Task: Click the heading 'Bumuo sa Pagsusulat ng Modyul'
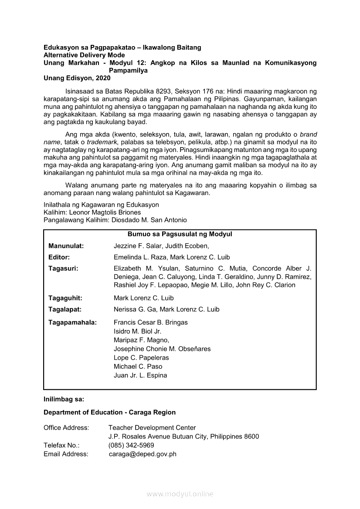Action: pyautogui.click(x=180, y=234)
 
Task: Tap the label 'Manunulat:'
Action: pyautogui.click(x=66, y=246)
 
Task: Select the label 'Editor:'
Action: pyautogui.click(x=59, y=257)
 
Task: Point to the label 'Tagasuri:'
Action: pyautogui.click(x=64, y=269)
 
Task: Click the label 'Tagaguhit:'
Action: pyautogui.click(x=65, y=298)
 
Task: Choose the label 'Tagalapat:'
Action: pyautogui.click(x=65, y=310)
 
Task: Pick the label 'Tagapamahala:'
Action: pyautogui.click(x=73, y=323)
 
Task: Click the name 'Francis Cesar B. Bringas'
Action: pyautogui.click(x=151, y=323)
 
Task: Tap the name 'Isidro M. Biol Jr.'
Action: pyautogui.click(x=138, y=331)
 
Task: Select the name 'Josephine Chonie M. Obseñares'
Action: pyautogui.click(x=162, y=349)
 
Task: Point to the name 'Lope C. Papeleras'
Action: pyautogui.click(x=141, y=358)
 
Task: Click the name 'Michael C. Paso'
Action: pyautogui.click(x=138, y=367)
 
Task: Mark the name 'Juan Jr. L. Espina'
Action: pyautogui.click(x=140, y=375)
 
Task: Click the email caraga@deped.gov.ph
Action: pyautogui.click(x=143, y=454)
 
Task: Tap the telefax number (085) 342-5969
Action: pyautogui.click(x=131, y=445)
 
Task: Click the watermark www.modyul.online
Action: pyautogui.click(x=180, y=494)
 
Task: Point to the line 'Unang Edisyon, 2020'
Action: pyautogui.click(x=77, y=78)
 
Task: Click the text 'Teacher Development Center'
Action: pyautogui.click(x=152, y=428)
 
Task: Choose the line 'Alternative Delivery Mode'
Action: pyautogui.click(x=84, y=55)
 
